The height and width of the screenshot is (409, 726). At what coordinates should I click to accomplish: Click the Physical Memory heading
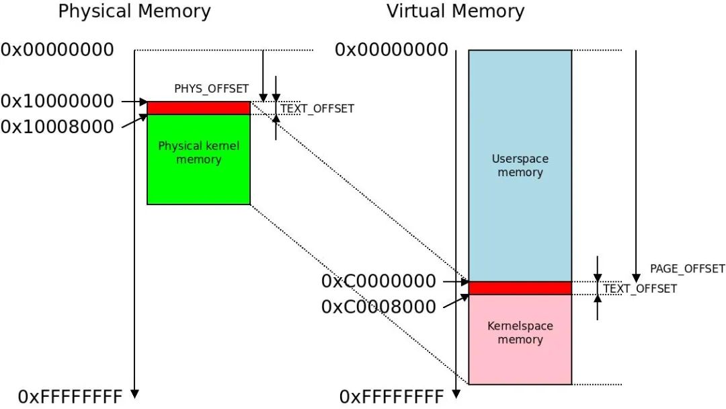click(134, 11)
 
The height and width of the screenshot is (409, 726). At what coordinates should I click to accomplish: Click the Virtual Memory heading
click(455, 11)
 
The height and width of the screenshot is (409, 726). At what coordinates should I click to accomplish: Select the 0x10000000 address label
click(57, 102)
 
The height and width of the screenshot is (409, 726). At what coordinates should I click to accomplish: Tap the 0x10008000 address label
click(57, 126)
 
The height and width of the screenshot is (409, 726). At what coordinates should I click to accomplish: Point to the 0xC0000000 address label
click(378, 281)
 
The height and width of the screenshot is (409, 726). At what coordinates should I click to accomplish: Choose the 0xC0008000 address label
click(378, 307)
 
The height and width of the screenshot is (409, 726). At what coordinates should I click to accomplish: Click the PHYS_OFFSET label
click(211, 89)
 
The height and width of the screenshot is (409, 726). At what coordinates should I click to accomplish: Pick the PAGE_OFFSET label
click(687, 269)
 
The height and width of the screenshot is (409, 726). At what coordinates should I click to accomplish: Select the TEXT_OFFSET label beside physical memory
click(317, 109)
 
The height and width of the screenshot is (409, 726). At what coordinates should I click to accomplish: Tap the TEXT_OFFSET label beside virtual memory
click(640, 289)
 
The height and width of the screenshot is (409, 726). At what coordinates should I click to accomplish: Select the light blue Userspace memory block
click(520, 165)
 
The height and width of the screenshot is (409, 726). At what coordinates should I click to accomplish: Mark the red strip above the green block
click(198, 108)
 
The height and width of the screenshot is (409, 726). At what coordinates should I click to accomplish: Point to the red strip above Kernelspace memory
click(520, 288)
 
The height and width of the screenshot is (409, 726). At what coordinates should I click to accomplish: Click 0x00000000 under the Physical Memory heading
click(57, 50)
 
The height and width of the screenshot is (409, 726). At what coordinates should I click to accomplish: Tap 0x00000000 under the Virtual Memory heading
click(391, 50)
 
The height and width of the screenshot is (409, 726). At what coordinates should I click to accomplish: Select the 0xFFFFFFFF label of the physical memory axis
click(70, 396)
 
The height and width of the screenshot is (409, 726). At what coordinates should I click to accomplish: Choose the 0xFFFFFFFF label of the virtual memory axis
click(391, 396)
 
